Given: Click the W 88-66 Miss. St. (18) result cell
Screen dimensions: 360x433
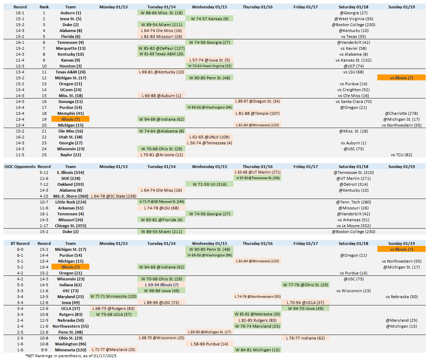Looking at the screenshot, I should coord(161,13).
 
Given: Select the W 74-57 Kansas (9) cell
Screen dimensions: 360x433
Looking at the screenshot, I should coord(209,19).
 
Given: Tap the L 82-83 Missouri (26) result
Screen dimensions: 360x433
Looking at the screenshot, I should coord(161,37).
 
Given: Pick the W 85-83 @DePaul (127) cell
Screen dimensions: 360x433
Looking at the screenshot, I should coord(161,48).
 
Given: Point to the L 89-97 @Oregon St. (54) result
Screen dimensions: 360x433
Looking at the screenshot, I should coord(257,102).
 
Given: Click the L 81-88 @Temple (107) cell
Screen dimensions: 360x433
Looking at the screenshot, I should coord(257,113).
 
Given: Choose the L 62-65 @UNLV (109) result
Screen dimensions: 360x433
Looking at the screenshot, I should coord(209,137).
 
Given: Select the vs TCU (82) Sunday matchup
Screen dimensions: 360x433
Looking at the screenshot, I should coord(401,155).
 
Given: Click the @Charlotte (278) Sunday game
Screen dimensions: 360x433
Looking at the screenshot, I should coord(401,113).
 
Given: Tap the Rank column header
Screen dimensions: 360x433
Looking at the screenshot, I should coord(44,7).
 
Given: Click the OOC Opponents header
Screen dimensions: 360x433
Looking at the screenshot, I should coord(20,167).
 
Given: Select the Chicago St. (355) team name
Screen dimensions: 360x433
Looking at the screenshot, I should coord(71,226).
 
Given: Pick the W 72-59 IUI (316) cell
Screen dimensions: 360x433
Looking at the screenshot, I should coord(209,184).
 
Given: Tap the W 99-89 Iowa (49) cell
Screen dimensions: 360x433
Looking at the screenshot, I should coord(161,291).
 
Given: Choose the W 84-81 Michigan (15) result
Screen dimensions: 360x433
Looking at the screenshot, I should coord(257,350).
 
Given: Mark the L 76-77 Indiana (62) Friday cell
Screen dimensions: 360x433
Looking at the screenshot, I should coord(305,338).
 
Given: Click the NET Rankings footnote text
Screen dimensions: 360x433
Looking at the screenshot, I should coord(71,356).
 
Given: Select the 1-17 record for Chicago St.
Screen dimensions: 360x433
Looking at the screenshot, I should coord(44,226).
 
